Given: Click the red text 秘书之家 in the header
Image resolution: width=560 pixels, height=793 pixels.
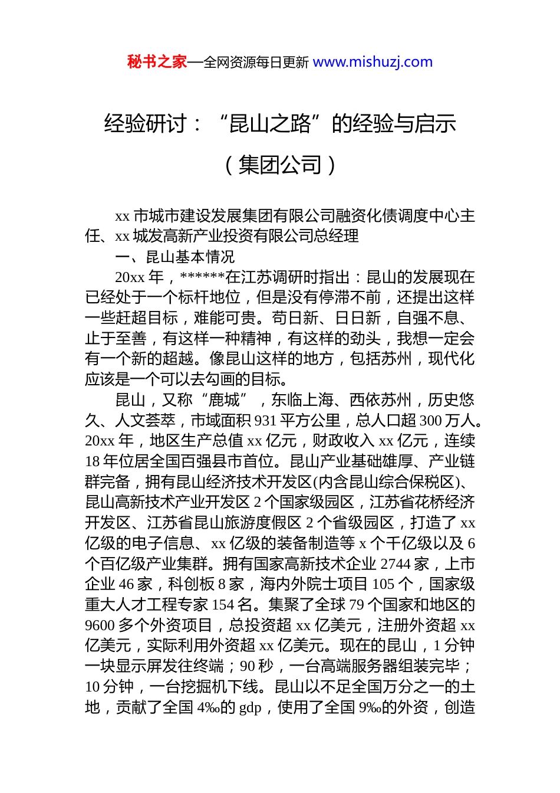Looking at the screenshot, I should [157, 62].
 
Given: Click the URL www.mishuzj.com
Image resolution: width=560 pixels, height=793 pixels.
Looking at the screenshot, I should [373, 62].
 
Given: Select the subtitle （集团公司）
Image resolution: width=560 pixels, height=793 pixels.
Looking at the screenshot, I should [281, 165].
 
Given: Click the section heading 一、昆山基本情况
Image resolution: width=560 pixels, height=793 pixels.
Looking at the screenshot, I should [175, 257].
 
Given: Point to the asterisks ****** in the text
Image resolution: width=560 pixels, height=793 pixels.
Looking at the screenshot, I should [202, 277].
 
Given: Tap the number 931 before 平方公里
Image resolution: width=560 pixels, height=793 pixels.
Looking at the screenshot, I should [266, 421].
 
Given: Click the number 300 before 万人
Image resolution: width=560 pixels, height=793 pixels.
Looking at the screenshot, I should [430, 421].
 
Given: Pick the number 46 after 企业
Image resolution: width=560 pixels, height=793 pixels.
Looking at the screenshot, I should [127, 584].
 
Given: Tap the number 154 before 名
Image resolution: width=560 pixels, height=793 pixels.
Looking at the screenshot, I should [223, 605].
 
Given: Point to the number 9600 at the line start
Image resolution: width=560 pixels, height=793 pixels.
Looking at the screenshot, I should [100, 625].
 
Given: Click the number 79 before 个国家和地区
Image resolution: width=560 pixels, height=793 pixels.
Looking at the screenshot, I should [357, 605].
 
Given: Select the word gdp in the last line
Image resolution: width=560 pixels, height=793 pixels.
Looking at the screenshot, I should [250, 707].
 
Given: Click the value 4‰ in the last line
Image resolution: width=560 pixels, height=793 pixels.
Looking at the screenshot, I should [207, 707].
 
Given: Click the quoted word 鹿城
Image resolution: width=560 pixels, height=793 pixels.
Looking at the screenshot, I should [225, 400].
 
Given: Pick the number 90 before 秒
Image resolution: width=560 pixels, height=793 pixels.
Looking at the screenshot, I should [248, 666].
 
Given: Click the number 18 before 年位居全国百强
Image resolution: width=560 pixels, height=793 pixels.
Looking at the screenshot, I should [93, 461].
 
